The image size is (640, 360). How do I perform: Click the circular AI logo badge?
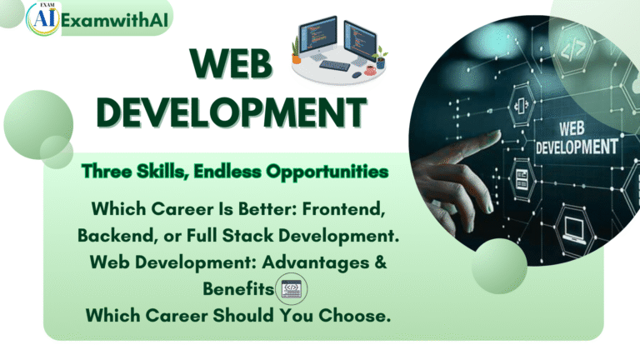[x=41, y=18]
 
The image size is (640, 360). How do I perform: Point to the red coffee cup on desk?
[x=370, y=71]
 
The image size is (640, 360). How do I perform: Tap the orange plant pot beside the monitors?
[x=296, y=59]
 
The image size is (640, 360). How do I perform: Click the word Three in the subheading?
[x=105, y=172]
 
